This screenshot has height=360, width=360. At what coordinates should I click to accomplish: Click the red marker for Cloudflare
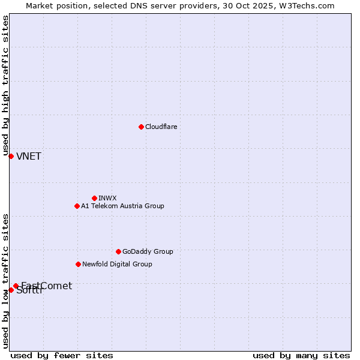pyautogui.click(x=141, y=127)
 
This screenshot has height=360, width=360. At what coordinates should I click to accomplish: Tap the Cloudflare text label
pyautogui.click(x=161, y=127)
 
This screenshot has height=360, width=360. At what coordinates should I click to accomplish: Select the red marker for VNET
pyautogui.click(x=11, y=156)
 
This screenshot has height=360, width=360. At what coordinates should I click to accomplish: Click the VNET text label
pyautogui.click(x=29, y=157)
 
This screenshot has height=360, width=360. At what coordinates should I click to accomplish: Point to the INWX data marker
pyautogui.click(x=94, y=198)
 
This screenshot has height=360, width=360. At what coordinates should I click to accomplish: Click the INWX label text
pyautogui.click(x=107, y=198)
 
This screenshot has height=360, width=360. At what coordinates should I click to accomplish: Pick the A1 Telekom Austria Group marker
pyautogui.click(x=77, y=206)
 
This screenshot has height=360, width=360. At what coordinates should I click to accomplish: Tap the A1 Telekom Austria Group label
pyautogui.click(x=122, y=206)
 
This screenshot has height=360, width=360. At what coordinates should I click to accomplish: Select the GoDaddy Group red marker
pyautogui.click(x=118, y=251)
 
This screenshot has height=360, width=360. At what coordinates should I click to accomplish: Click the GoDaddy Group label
pyautogui.click(x=148, y=251)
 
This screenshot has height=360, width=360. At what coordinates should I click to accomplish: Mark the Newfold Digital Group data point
pyautogui.click(x=78, y=264)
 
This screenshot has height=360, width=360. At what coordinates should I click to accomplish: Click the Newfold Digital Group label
pyautogui.click(x=117, y=264)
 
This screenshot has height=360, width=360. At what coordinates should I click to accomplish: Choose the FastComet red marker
pyautogui.click(x=16, y=286)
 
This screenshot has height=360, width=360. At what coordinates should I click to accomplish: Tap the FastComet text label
pyautogui.click(x=47, y=286)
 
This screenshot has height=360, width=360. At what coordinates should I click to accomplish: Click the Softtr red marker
pyautogui.click(x=11, y=290)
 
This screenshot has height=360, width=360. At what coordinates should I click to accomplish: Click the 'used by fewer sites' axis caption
pyautogui.click(x=62, y=355)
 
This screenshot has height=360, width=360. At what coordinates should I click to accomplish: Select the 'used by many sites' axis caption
pyautogui.click(x=301, y=355)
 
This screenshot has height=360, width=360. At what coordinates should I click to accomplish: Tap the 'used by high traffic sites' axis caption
pyautogui.click(x=5, y=85)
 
